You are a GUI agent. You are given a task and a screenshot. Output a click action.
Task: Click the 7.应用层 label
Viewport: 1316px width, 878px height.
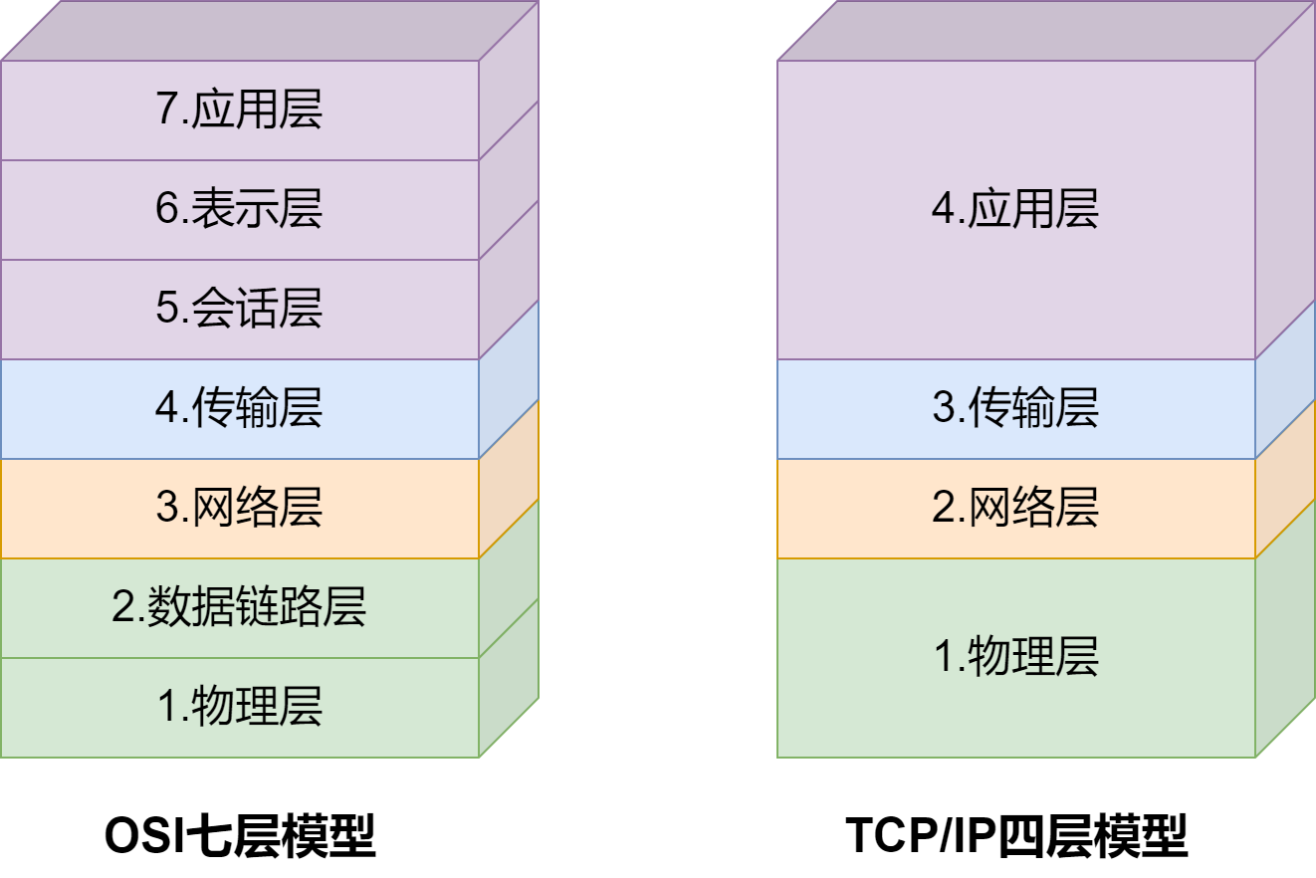239,110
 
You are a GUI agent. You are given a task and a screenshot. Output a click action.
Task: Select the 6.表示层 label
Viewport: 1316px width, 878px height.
239,209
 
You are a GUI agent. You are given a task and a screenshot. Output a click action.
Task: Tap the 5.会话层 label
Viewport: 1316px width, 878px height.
239,309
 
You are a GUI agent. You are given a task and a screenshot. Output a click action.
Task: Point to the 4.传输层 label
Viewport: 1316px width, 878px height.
239,408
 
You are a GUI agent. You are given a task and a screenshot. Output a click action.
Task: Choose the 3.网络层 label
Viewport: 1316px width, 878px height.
239,508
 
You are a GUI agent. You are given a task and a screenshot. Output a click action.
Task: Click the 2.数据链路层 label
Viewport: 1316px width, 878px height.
239,607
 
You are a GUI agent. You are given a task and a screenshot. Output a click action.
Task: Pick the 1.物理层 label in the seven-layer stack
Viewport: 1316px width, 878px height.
239,707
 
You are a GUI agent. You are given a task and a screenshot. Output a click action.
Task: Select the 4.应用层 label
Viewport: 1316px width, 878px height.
1015,209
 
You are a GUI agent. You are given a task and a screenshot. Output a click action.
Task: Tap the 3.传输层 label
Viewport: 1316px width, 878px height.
1015,408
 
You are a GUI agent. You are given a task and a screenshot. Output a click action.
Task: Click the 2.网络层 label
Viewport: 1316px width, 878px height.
1015,508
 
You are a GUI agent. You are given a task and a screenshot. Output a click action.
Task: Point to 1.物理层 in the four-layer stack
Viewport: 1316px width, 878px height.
1015,657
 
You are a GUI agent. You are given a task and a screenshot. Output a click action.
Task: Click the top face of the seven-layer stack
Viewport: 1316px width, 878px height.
269,30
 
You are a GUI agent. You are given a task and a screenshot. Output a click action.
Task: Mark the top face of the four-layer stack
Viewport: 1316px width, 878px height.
1045,30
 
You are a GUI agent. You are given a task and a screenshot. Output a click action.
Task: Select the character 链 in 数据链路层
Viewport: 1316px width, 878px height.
257,607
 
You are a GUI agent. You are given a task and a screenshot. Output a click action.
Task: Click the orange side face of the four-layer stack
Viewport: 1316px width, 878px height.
1285,478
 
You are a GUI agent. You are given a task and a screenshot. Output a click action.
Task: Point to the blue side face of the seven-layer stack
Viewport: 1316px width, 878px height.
509,378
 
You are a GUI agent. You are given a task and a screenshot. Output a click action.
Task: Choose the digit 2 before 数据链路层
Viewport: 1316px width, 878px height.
122,607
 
